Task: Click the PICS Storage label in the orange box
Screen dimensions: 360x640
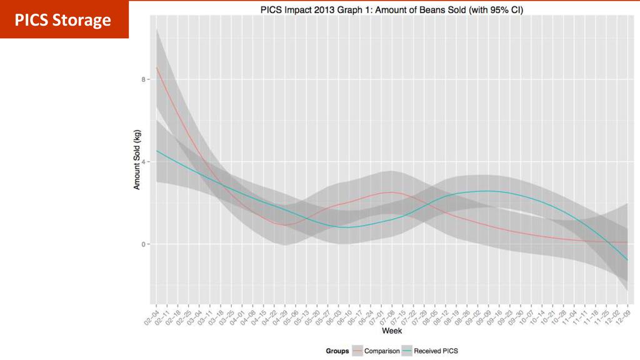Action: (63, 21)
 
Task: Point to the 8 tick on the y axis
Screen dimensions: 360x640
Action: (143, 79)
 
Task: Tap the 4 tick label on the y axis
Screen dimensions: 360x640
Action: (143, 162)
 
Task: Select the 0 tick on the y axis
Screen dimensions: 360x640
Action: (143, 244)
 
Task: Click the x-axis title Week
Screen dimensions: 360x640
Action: (392, 330)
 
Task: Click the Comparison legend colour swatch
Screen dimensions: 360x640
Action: (357, 351)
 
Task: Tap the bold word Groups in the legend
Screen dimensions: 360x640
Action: (337, 351)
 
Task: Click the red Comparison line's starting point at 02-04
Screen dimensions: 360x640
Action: (157, 67)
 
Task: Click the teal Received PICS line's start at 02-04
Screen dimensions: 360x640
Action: (157, 151)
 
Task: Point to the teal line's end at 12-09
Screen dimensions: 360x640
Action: (627, 259)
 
